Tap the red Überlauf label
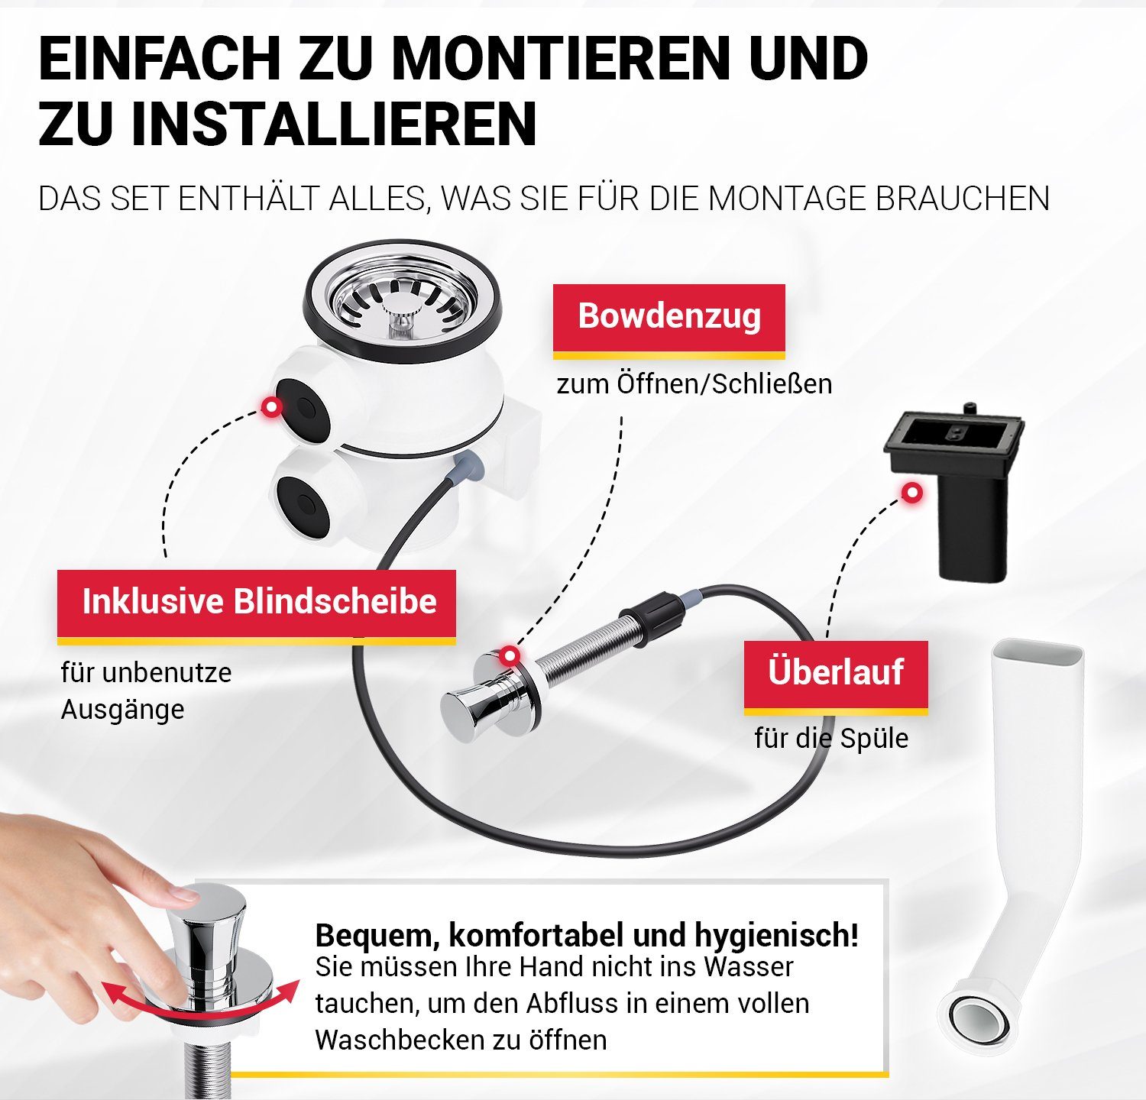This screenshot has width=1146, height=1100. (x=836, y=673)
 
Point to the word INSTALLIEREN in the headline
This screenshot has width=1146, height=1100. (x=334, y=124)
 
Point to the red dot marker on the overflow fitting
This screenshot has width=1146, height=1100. (x=911, y=493)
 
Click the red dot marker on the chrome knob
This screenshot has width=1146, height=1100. (x=509, y=655)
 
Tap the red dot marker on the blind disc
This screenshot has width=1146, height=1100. (x=270, y=406)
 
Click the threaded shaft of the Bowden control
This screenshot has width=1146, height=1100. (x=588, y=649)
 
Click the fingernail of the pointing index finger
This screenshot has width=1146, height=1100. (x=183, y=892)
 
